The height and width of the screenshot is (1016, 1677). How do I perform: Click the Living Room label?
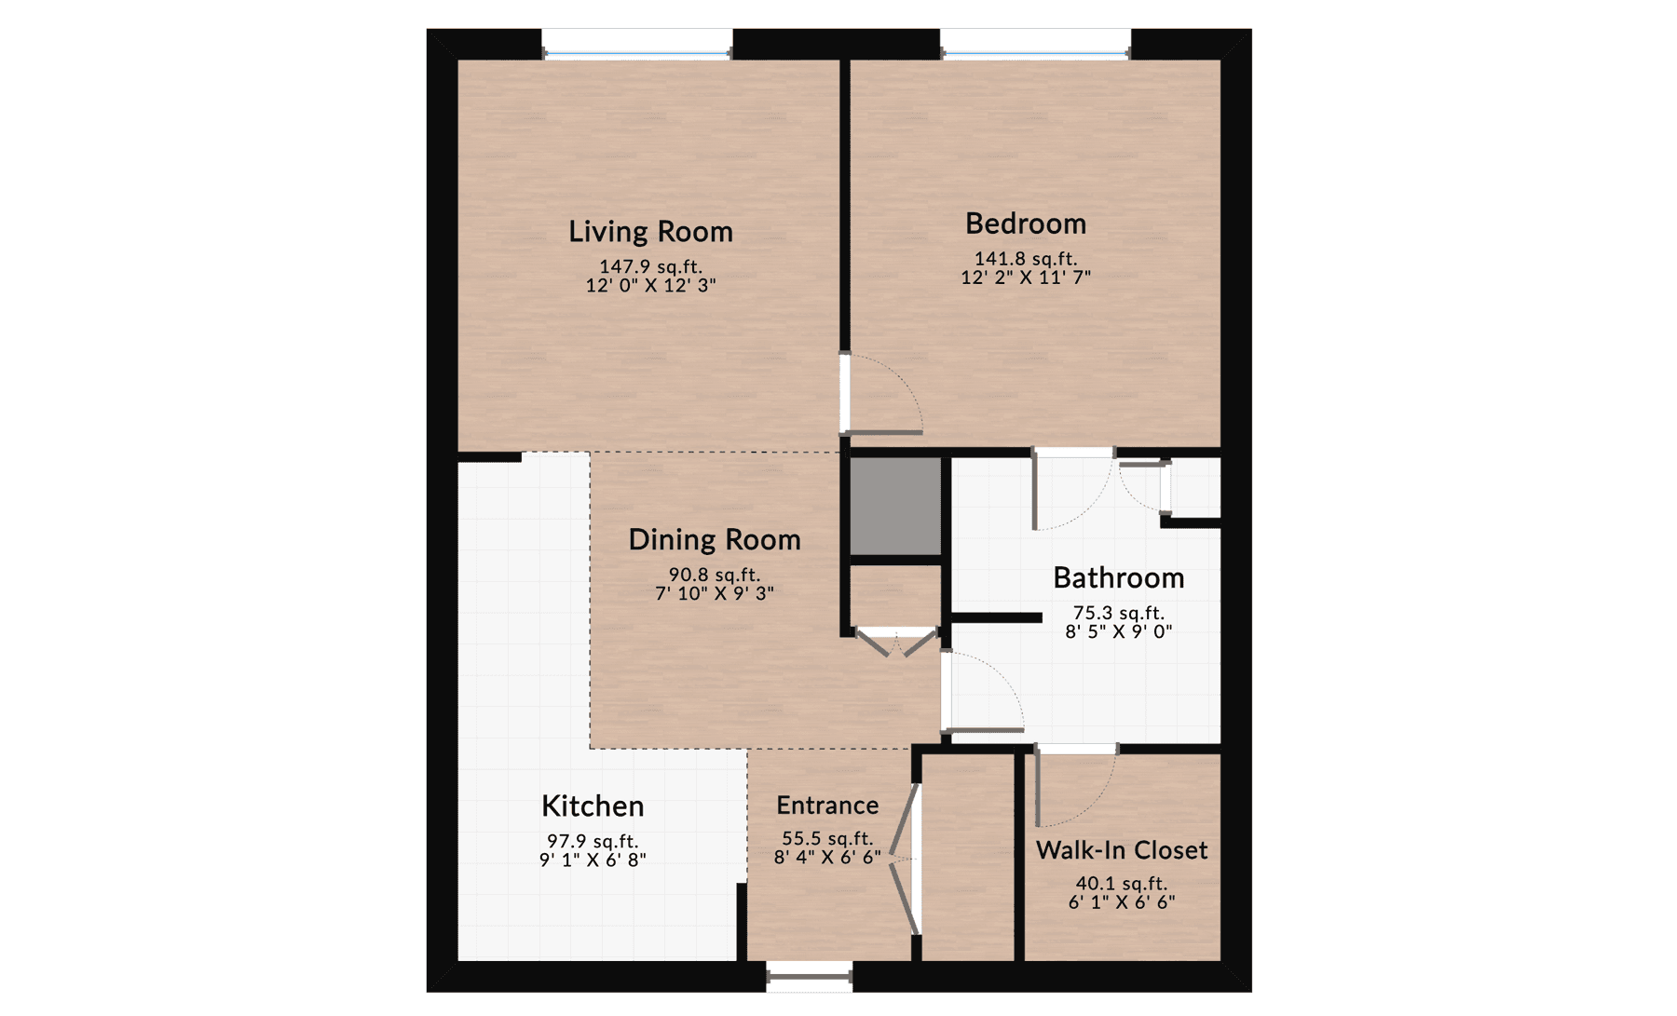tap(650, 231)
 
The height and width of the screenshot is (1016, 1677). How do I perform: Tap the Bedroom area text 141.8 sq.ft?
tap(1025, 259)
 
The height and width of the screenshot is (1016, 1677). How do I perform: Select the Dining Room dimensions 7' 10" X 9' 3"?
tap(715, 593)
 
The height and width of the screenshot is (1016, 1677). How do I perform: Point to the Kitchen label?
tap(593, 806)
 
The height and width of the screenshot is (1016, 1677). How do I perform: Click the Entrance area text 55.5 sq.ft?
tap(827, 839)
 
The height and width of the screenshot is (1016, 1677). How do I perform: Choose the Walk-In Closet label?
tap(1122, 850)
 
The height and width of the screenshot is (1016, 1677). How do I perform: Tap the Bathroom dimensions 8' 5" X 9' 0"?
tap(1118, 631)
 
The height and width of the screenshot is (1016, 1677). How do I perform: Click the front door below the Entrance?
tap(809, 977)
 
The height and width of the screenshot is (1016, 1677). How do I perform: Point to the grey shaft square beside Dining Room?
tap(895, 506)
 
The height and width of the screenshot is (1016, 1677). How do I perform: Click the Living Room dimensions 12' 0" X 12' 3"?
tap(650, 286)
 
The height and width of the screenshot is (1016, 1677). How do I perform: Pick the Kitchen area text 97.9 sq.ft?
tap(593, 841)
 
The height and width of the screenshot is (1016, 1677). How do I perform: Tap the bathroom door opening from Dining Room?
tap(983, 689)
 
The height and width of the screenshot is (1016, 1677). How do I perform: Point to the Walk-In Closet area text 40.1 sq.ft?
tap(1121, 883)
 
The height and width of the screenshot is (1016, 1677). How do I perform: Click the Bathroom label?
tap(1118, 577)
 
